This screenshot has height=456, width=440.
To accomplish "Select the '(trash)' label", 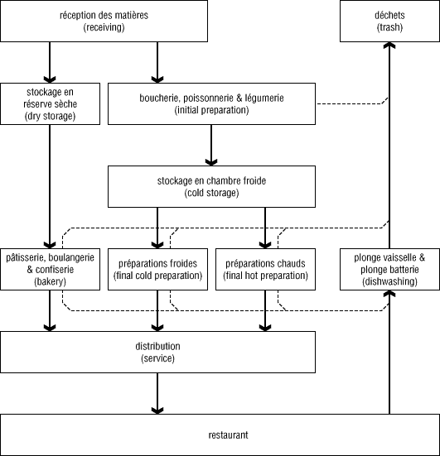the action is (389, 27).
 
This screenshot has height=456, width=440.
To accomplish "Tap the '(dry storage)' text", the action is (50, 116).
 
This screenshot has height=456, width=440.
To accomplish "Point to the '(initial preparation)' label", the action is (211, 110).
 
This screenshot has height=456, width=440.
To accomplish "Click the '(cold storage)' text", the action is (211, 193).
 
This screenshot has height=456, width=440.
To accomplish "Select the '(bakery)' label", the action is (50, 281).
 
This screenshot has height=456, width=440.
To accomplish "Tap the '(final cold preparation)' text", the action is (157, 276).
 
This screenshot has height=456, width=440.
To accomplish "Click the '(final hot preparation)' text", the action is (265, 276).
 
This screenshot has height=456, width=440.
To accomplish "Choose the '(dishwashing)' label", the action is (389, 281).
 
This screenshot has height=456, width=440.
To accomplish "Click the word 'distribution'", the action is (157, 346).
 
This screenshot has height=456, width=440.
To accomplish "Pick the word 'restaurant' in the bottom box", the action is (229, 435).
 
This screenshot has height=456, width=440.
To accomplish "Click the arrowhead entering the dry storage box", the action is (50, 79).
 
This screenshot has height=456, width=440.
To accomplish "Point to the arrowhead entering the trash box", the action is (389, 46).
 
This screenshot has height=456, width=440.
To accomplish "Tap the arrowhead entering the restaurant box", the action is (157, 410).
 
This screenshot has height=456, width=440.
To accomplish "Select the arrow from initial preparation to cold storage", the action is (211, 145).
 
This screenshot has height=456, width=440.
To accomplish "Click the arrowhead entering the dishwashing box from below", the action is (389, 294).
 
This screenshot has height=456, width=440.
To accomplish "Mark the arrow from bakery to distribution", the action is (50, 310).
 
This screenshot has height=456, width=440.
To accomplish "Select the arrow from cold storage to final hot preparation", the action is (265, 228).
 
